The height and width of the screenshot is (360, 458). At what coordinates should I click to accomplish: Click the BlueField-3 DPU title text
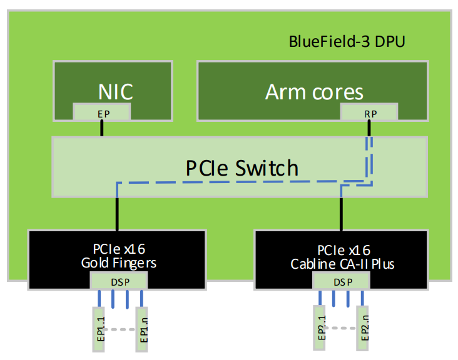pos(347,42)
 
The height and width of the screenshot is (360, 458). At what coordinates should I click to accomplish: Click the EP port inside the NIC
pos(102,112)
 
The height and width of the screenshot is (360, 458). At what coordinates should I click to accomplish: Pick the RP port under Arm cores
pos(369,112)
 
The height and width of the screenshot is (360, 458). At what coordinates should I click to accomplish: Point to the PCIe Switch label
pos(242,167)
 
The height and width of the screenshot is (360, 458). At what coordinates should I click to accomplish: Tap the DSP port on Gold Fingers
pos(119,281)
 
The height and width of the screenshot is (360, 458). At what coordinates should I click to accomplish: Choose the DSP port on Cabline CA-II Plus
pos(342,281)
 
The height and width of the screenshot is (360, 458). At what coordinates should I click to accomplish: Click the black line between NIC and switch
pos(101,128)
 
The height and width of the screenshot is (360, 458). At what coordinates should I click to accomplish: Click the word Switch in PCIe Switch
pos(267,167)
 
